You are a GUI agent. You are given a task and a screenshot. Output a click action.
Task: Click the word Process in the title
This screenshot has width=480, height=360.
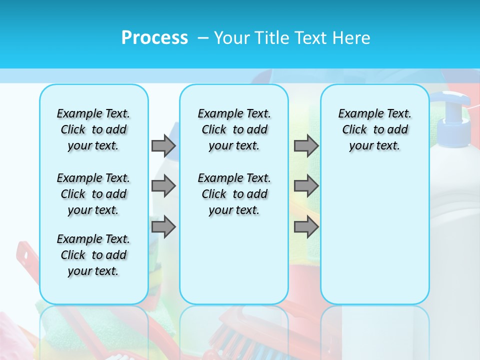pos(154,37)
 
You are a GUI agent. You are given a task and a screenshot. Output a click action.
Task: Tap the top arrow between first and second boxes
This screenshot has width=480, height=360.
pos(163,145)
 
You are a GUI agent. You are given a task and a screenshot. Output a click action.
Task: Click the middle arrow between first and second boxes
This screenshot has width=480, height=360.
pos(163,186)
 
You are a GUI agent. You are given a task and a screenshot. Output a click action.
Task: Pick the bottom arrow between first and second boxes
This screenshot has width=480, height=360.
pos(163,227)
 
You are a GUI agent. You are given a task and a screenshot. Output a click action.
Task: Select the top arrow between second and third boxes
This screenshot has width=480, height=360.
pos(306,145)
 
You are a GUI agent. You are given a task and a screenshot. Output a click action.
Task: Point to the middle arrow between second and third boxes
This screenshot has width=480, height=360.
pos(306,186)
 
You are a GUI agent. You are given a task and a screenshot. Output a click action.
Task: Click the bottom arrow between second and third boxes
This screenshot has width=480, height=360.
pos(306,227)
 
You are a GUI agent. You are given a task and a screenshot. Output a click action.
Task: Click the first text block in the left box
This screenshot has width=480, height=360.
pos(93,129)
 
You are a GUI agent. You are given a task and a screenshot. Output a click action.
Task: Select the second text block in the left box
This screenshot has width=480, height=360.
pos(93,194)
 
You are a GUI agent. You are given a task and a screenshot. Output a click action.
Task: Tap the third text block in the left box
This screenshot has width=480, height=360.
pos(93,255)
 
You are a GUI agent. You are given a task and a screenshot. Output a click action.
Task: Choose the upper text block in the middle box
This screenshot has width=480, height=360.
pos(234,129)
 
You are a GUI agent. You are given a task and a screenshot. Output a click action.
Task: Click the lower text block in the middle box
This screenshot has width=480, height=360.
pos(234,194)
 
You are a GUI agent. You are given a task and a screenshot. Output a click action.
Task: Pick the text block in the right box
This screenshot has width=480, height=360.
pos(374,129)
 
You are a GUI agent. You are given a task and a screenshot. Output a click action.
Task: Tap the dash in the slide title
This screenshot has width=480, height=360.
pos(202,37)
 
